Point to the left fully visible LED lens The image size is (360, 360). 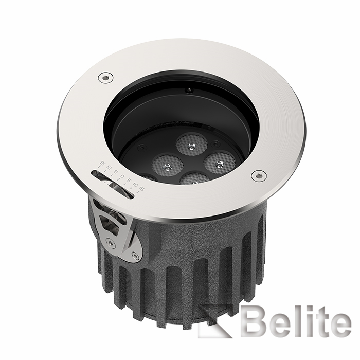point(167,165)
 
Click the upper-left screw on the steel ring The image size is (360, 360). point(105,77)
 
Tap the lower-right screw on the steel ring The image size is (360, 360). point(259,175)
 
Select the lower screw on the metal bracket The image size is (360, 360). point(135,255)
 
